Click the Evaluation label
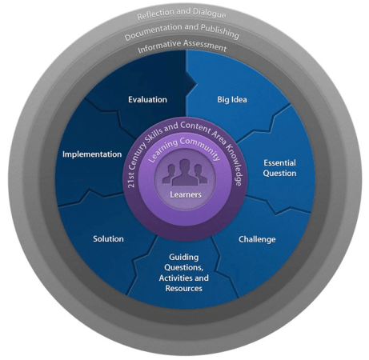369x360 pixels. coord(147,99)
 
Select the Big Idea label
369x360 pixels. coord(232,100)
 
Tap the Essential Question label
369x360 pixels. coord(279,168)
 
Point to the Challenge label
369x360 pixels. coord(257,239)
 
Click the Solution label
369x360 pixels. coord(108,238)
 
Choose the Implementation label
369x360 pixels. coord(92,154)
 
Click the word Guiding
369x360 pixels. coord(184,258)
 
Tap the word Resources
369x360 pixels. coord(184,288)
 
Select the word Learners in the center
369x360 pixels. coord(186,194)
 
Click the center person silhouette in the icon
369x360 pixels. coord(185,173)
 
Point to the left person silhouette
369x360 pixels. coord(169,174)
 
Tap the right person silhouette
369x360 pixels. coord(200,174)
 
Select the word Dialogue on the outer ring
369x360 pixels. coord(210,14)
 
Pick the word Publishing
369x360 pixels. coord(220,31)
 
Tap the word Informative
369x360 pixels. coord(159,46)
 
